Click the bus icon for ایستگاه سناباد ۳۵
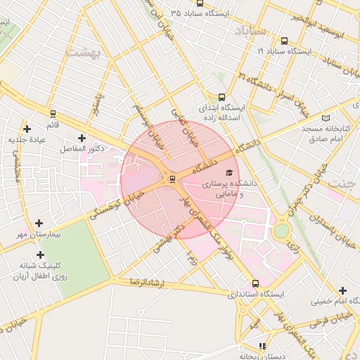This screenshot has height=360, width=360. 173,13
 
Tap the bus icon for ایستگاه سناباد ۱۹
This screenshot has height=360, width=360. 284,41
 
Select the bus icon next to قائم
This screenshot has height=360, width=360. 53,113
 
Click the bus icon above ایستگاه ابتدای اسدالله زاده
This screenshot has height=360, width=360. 222,98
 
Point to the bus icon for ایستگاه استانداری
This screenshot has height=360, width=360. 255,284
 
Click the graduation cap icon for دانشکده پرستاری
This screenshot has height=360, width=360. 229,172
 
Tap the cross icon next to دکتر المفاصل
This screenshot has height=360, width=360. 82,138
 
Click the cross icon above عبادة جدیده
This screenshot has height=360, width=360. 27,128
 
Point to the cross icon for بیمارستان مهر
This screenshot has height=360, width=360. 39,222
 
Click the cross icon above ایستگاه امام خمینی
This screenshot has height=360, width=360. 342,290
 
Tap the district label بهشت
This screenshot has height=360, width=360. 83,52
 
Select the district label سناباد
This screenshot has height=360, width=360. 250,31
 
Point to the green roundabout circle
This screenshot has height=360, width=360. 281,231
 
